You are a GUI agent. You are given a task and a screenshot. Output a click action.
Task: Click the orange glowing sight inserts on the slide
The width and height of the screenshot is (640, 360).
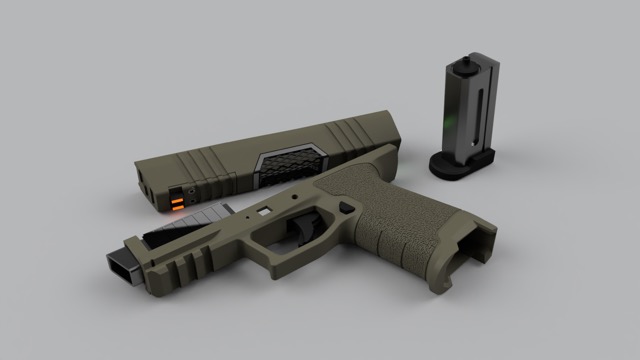pos(177,199)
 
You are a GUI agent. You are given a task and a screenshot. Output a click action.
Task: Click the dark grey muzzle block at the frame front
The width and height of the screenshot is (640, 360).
pos(122,262)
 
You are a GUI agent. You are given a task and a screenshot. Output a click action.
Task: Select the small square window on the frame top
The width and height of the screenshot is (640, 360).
pos(265,211)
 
